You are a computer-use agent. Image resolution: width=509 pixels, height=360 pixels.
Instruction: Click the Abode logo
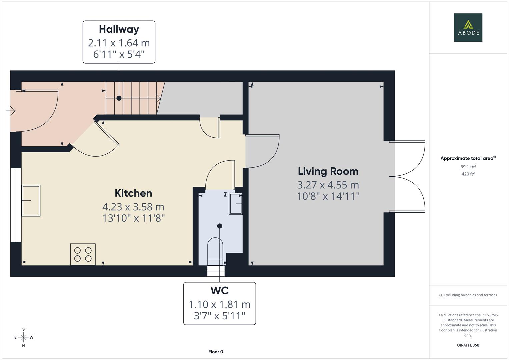pyautogui.click(x=468, y=27)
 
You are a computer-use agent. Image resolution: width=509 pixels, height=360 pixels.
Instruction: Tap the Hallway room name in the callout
pyautogui.click(x=119, y=29)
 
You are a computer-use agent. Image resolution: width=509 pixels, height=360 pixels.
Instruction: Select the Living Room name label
pyautogui.click(x=328, y=171)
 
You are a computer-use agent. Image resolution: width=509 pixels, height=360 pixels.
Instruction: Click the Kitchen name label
pyautogui.click(x=133, y=193)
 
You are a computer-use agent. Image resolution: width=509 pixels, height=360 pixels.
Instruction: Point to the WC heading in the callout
pyautogui.click(x=219, y=291)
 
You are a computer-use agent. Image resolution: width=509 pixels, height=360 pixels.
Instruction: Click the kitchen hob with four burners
pyautogui.click(x=83, y=254)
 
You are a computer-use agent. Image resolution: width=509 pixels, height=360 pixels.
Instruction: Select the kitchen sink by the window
pyautogui.click(x=31, y=201)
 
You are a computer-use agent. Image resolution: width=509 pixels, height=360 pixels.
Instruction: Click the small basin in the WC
pyautogui.click(x=236, y=204)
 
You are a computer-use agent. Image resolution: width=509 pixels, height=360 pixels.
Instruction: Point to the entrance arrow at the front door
pyautogui.click(x=11, y=110)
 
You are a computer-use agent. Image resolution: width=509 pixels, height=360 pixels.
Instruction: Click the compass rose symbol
pyautogui.click(x=23, y=337)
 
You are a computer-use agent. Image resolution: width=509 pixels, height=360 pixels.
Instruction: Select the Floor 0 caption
pyautogui.click(x=216, y=352)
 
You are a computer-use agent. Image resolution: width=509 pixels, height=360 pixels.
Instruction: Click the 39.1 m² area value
pyautogui.click(x=468, y=167)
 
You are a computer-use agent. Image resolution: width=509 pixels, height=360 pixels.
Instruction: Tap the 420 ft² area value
pyautogui.click(x=468, y=174)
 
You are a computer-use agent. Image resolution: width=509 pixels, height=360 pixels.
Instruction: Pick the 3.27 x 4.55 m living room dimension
pyautogui.click(x=328, y=185)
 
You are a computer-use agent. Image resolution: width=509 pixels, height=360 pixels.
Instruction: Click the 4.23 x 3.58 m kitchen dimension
pyautogui.click(x=133, y=207)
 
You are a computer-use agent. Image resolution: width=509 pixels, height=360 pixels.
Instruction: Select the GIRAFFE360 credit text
pyautogui.click(x=468, y=345)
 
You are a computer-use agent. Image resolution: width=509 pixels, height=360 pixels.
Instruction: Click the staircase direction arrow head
pyautogui.click(x=159, y=98)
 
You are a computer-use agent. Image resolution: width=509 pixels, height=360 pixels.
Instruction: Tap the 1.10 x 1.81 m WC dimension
pyautogui.click(x=219, y=304)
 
